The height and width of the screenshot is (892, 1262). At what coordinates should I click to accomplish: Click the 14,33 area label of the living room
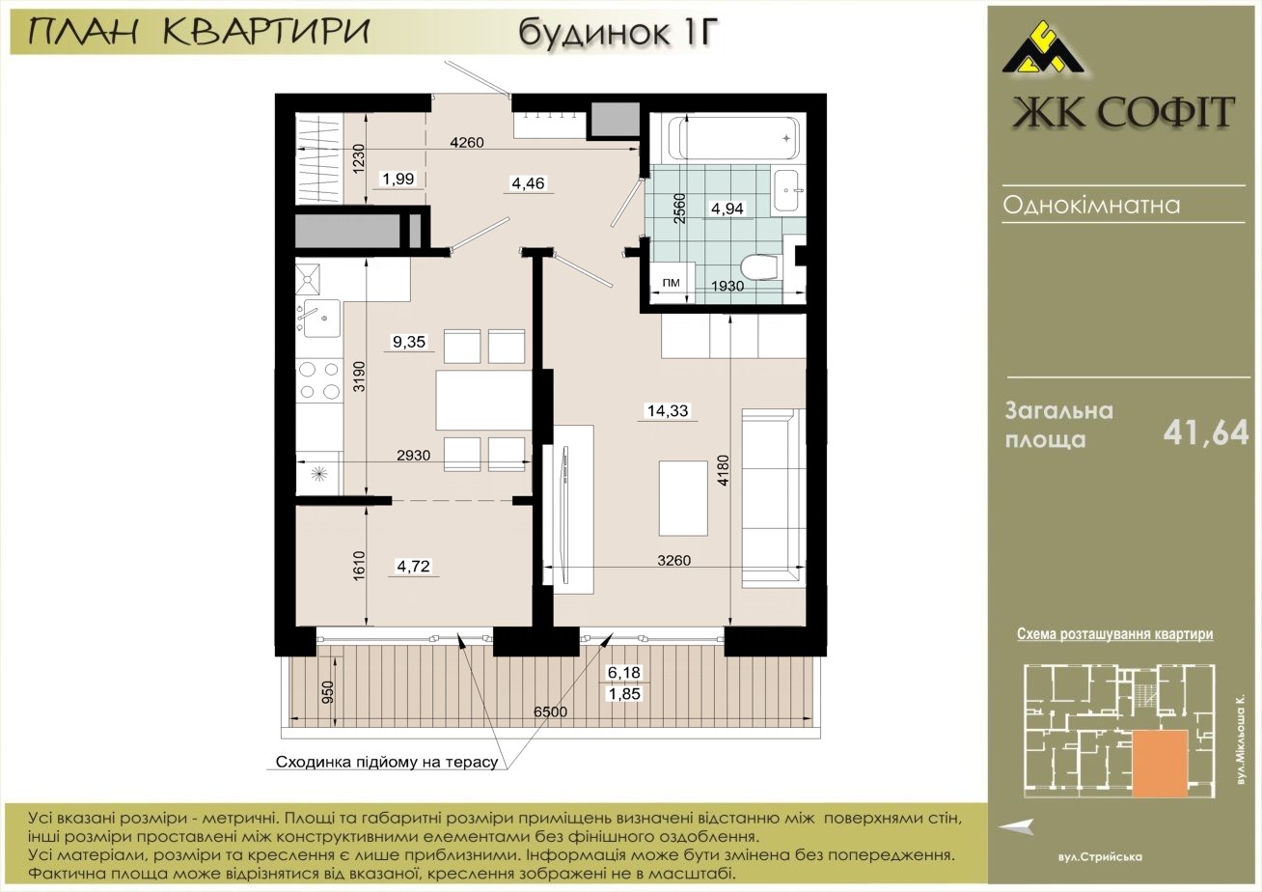pos(668,410)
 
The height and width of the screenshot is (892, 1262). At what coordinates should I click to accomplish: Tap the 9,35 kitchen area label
pos(409,341)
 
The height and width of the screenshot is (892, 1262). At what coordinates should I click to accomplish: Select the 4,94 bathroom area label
pos(727,209)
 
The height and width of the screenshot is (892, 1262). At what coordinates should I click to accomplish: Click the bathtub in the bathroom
pos(734,138)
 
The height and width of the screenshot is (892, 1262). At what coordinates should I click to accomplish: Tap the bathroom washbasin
pos(786,190)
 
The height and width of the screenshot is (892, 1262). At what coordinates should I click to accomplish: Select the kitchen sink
pos(321,318)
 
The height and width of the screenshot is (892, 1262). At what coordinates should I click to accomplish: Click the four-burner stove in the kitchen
pos(319,380)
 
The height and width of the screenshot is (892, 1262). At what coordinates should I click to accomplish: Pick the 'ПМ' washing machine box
pos(671,283)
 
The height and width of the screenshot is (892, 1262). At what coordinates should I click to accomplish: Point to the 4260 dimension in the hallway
pos(467,143)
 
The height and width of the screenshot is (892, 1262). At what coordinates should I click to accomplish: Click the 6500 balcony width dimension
pos(550,711)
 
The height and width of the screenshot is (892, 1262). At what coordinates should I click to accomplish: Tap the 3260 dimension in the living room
pos(673,561)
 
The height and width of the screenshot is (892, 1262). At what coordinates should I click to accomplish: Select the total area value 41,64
pos(1206,432)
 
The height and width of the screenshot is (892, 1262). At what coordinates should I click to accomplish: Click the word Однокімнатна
pos(1091,205)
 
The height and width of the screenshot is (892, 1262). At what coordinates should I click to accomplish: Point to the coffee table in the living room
pos(683,498)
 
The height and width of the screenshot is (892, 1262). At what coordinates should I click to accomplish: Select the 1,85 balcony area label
pos(624,694)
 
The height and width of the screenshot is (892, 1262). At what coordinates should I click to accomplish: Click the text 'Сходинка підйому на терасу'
pos(387,763)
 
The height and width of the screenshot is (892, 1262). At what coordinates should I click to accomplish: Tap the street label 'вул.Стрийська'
pos(1100,857)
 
